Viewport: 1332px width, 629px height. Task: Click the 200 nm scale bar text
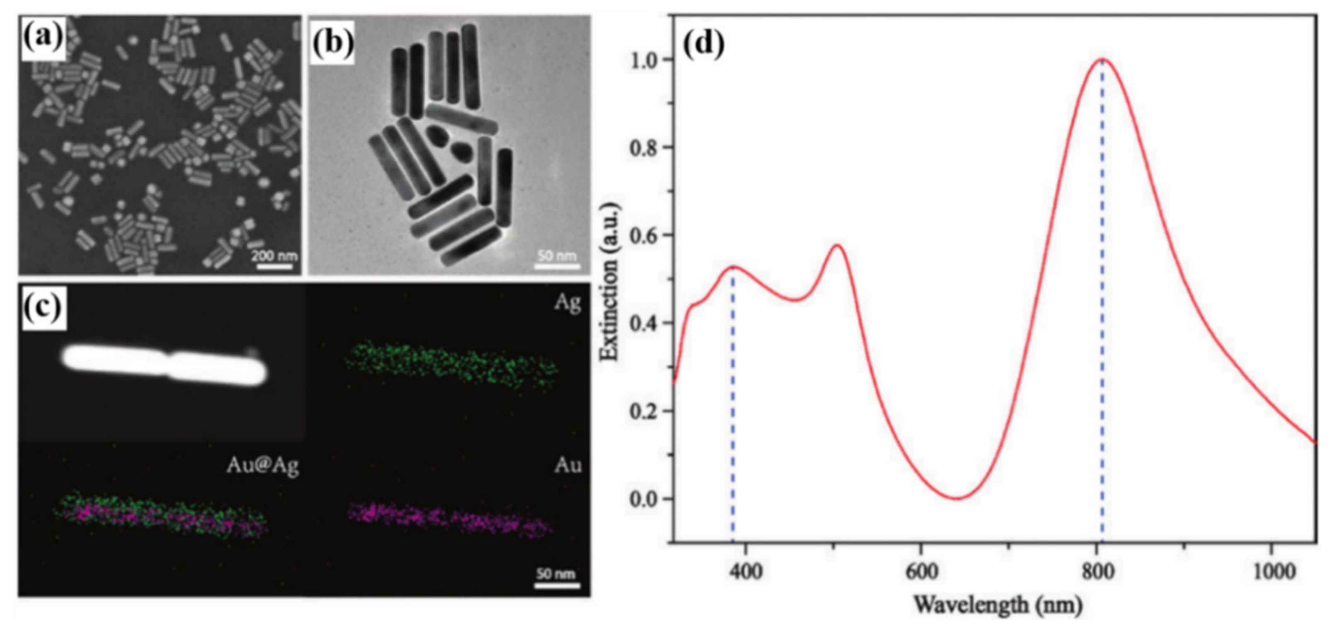[274, 255]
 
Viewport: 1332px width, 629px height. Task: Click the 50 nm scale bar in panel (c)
[557, 585]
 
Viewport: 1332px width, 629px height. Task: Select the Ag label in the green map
[567, 302]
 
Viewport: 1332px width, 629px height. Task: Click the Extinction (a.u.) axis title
[610, 282]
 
